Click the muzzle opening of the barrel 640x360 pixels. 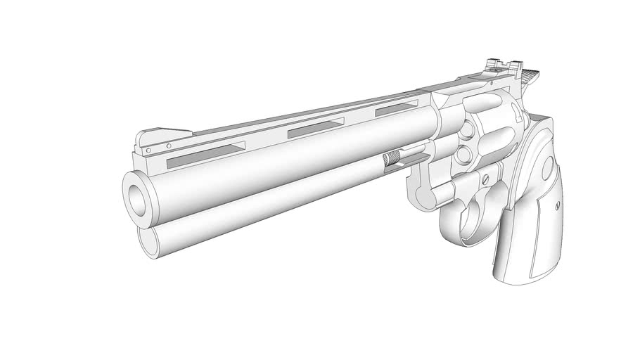(x=136, y=193)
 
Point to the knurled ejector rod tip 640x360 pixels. (x=392, y=159)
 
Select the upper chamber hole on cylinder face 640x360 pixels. (x=466, y=129)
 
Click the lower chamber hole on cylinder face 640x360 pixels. (x=463, y=154)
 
